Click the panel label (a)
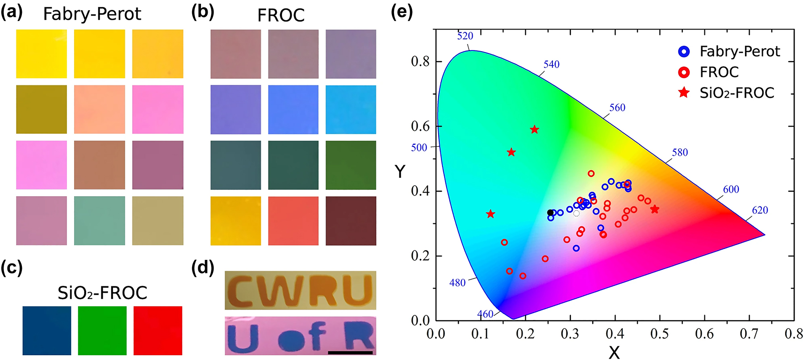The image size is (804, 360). tap(12, 12)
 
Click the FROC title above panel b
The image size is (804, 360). tap(281, 15)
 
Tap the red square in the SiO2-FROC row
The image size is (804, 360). tap(158, 331)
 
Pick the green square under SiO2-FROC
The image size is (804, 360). tap(102, 331)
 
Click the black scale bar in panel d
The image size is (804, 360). tap(350, 352)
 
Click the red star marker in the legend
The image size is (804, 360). tap(684, 92)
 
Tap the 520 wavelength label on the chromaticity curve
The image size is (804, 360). tap(465, 36)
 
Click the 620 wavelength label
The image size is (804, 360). tap(760, 210)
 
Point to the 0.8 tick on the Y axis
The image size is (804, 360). tap(420, 62)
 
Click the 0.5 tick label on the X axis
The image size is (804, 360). tap(659, 334)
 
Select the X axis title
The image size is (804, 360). tap(614, 353)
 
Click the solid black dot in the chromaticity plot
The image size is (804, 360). tap(550, 213)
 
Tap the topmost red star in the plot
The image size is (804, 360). tap(534, 130)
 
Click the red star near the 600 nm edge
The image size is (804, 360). tap(654, 209)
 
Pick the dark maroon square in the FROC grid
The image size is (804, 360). tap(351, 221)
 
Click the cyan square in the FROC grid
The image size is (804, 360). tap(351, 109)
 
